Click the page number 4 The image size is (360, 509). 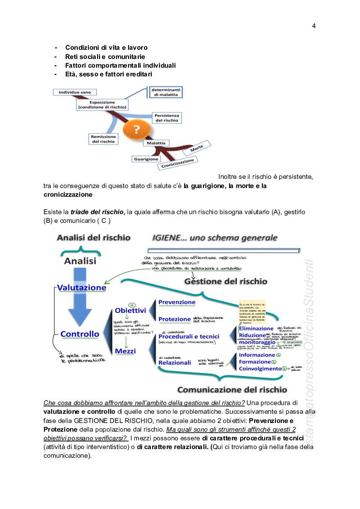click(x=314, y=26)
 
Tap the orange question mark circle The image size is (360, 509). click(x=137, y=129)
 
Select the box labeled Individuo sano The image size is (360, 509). click(x=74, y=92)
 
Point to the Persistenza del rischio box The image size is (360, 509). click(x=167, y=117)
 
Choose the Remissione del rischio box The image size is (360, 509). click(x=103, y=139)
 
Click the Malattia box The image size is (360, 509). click(x=156, y=143)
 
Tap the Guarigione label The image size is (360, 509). click(x=145, y=159)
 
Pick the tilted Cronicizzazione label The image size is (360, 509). click(x=178, y=163)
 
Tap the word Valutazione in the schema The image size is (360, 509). click(x=82, y=288)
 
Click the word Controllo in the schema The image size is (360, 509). click(x=80, y=334)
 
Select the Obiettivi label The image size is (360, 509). click(x=130, y=310)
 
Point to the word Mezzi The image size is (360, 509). click(x=126, y=351)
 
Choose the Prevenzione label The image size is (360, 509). click(x=177, y=303)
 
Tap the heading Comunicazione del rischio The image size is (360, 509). click(x=232, y=390)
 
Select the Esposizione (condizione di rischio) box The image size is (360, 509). click(x=101, y=104)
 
